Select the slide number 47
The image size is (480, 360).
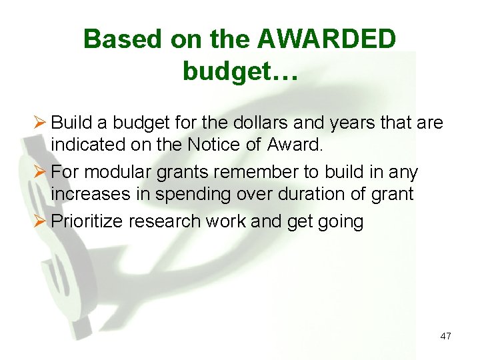pyautogui.click(x=445, y=336)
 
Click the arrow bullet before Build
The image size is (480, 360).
pyautogui.click(x=39, y=123)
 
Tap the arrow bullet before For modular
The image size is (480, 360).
pyautogui.click(x=39, y=172)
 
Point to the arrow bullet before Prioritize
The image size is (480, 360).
pyautogui.click(x=39, y=221)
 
